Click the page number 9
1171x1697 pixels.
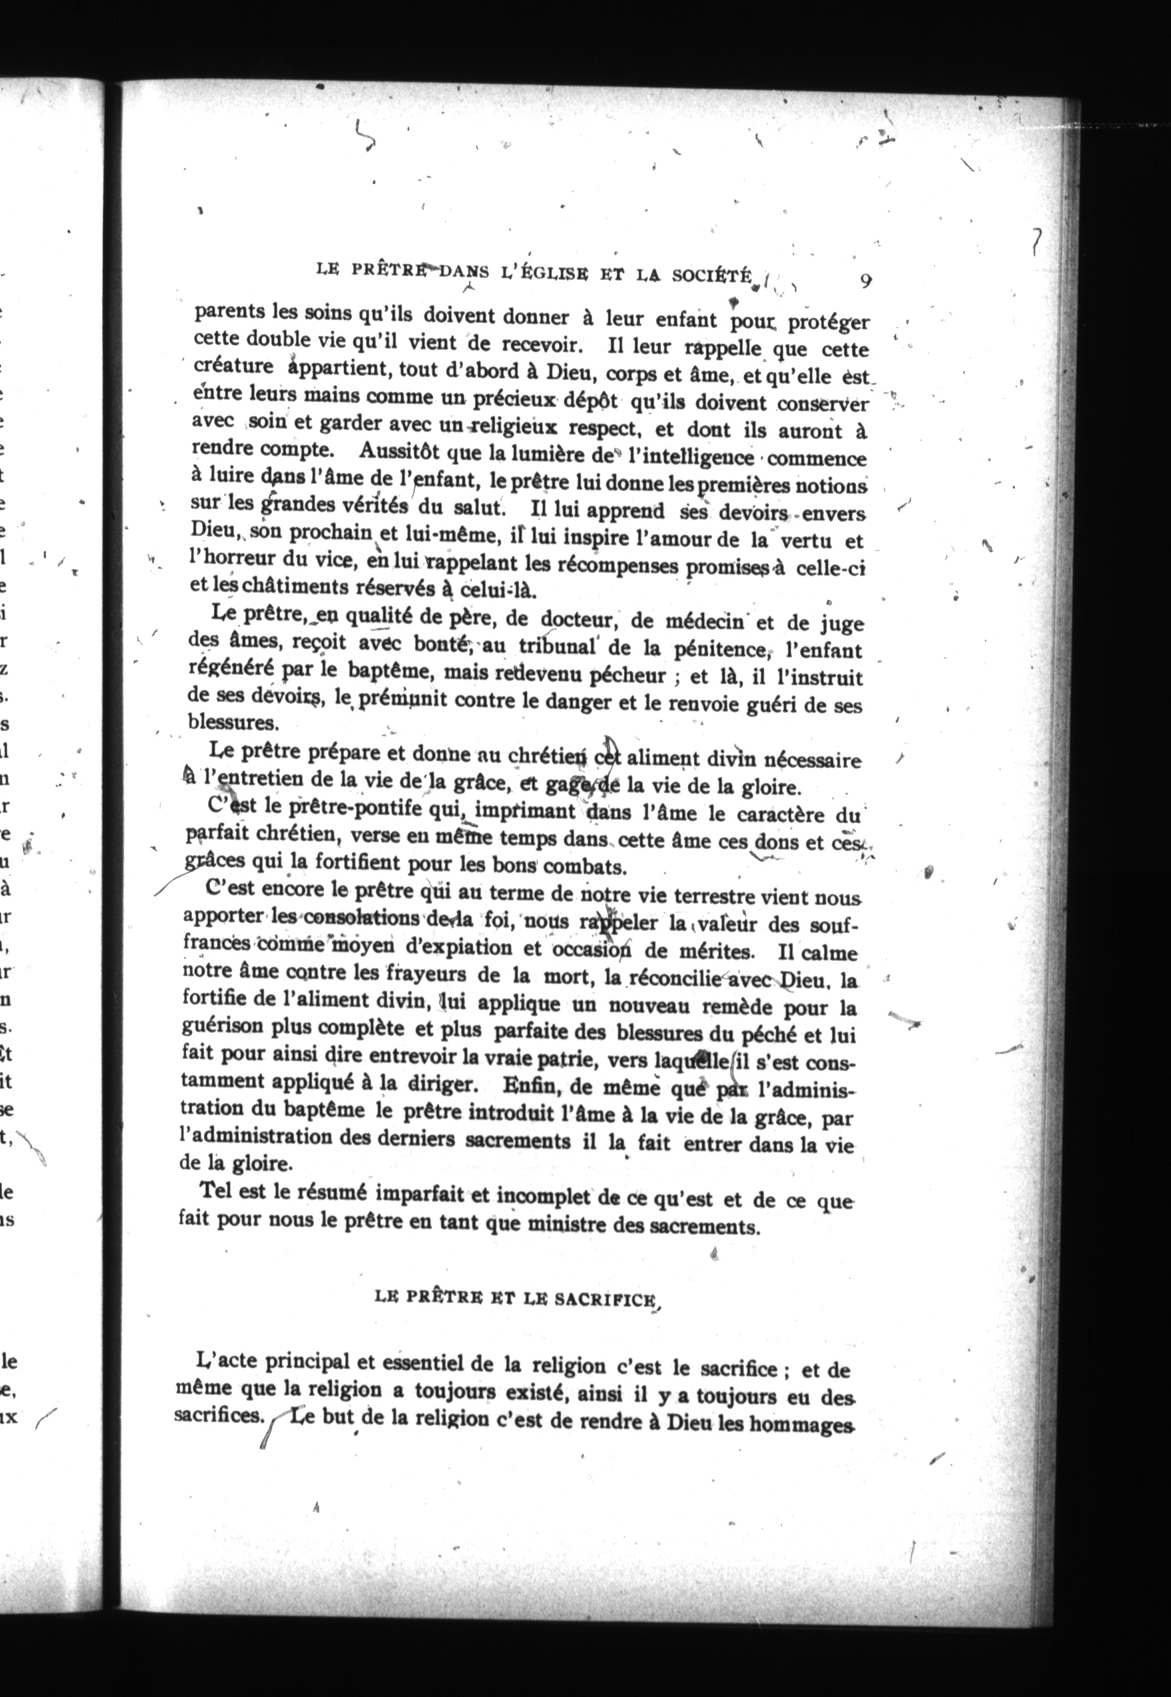pyautogui.click(x=865, y=281)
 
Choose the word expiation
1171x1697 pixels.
pyautogui.click(x=461, y=947)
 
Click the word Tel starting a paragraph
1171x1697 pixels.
pyautogui.click(x=216, y=1190)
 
